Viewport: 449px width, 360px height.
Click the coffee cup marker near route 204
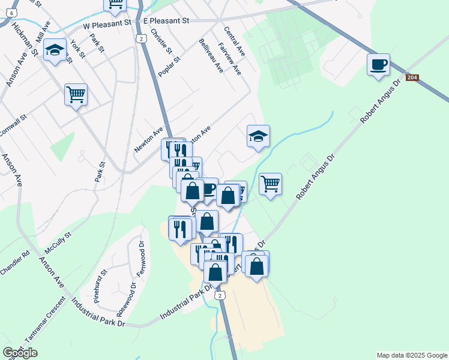click(x=378, y=65)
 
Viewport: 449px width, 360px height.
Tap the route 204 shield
click(x=411, y=78)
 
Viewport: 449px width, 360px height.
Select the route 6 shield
click(x=14, y=12)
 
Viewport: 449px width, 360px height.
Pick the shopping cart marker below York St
click(x=76, y=94)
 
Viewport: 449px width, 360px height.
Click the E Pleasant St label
click(x=166, y=20)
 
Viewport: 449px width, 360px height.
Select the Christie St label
click(x=161, y=41)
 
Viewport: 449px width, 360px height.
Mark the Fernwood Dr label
click(x=141, y=259)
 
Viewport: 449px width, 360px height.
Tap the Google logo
click(x=20, y=353)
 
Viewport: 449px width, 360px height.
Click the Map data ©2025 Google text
click(x=411, y=355)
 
